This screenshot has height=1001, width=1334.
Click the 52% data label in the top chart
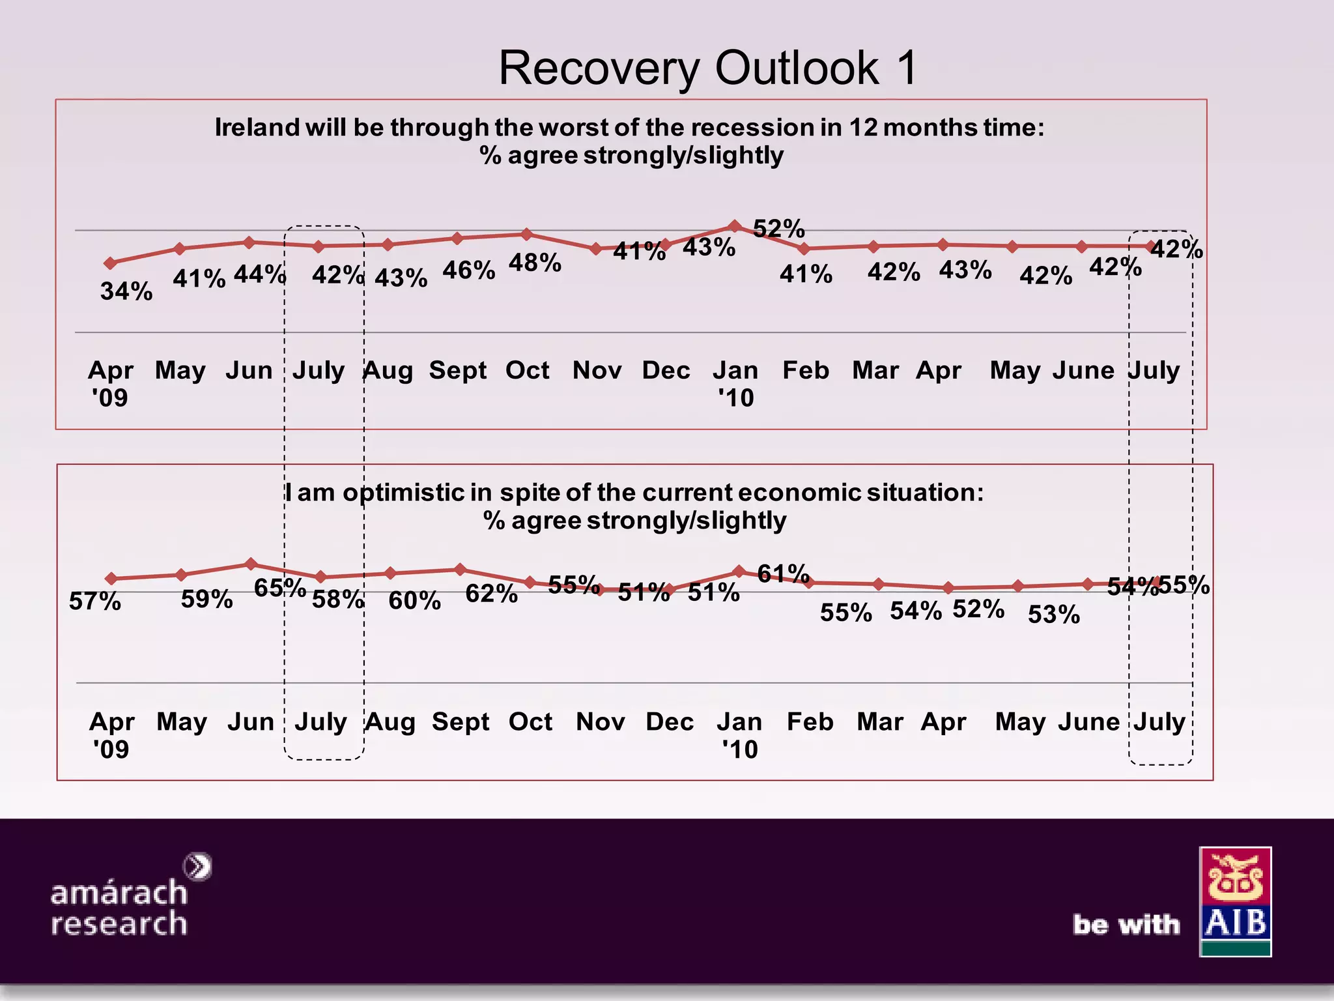pos(779,229)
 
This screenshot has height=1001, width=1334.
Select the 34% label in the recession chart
pos(126,291)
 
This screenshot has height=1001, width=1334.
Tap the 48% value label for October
pos(535,263)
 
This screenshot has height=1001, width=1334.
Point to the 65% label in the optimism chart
pos(279,588)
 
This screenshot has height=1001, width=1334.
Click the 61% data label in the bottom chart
pos(783,573)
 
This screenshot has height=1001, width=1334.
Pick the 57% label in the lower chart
pos(95,601)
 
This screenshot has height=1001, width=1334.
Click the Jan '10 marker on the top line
pos(735,226)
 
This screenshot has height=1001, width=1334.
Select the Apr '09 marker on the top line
pos(111,263)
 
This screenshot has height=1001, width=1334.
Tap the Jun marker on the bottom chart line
pos(251,564)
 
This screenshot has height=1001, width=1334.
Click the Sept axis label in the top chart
pos(457,370)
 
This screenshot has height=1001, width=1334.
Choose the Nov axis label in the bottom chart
pos(600,721)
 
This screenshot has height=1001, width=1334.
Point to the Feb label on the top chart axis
pos(806,370)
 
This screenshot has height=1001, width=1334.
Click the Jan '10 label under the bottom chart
pos(739,735)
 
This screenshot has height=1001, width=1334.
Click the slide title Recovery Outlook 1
pos(708,68)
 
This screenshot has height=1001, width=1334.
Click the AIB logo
pos(1235,901)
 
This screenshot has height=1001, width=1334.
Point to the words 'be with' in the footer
pos(1126,924)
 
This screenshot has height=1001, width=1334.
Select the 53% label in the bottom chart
pos(1053,615)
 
